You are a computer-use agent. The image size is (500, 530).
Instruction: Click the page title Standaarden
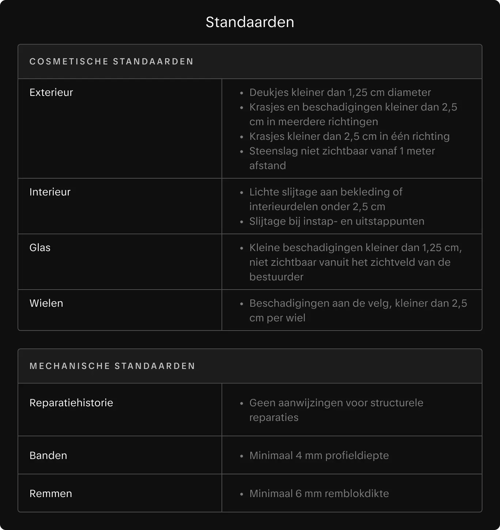point(250,22)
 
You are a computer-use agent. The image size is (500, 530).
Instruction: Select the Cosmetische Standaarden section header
point(111,61)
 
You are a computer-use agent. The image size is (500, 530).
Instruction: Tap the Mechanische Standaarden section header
point(112,366)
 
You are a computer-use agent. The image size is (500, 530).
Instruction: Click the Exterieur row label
point(51,92)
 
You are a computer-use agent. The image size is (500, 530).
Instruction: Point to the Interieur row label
point(50,192)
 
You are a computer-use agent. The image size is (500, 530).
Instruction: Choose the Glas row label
point(40,247)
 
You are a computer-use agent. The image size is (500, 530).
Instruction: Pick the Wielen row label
point(46,303)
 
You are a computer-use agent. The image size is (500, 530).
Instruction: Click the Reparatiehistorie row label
point(71,403)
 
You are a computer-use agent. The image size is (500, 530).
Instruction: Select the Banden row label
point(48,455)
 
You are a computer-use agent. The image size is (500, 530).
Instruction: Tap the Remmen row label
point(51,493)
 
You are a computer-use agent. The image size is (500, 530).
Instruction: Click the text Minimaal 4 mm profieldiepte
point(319,455)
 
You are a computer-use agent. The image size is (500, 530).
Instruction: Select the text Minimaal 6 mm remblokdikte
point(319,493)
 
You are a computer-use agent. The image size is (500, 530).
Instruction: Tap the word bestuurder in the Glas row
point(276,277)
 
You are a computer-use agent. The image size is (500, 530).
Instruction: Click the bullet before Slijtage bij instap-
point(242,222)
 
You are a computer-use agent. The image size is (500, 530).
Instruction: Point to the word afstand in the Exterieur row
point(268,165)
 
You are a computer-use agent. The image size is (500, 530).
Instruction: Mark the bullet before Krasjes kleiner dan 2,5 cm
point(242,137)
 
